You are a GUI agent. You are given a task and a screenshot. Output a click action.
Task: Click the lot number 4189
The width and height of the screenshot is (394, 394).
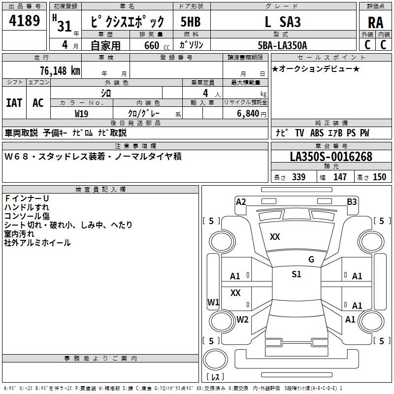pos(24,21)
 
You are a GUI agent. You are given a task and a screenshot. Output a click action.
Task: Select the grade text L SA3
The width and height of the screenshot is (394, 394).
pos(283,22)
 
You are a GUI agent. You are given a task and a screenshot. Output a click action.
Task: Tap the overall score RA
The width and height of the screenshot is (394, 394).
pos(375,23)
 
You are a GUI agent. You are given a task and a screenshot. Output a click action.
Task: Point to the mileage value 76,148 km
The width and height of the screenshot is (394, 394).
pos(60,70)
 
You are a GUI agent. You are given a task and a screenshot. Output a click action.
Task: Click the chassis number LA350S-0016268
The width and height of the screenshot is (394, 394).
pos(331,157)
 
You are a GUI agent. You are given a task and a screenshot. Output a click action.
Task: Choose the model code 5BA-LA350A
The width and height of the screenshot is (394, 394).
pos(282,45)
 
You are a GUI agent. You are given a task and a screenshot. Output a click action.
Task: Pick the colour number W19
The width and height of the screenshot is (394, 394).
pos(81,114)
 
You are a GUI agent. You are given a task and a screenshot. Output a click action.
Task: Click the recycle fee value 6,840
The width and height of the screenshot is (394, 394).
pos(248,114)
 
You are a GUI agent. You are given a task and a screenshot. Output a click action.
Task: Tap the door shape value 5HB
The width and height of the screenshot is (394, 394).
pos(191,22)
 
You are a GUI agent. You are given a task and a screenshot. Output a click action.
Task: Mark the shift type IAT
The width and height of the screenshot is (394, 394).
pos(14,103)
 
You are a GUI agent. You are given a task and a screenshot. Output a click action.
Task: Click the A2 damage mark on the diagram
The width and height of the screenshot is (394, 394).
pos(241,202)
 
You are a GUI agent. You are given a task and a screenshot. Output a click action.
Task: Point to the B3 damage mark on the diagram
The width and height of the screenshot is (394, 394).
pos(352,202)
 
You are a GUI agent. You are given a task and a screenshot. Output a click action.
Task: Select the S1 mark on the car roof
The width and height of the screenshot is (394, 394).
pos(296,274)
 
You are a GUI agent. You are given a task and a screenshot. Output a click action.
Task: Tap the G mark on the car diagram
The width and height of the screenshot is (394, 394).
pos(311,260)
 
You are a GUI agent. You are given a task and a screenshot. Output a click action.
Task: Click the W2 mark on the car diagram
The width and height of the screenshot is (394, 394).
pos(242,320)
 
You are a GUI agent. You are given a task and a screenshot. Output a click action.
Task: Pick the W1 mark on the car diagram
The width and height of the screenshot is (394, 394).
pos(213,302)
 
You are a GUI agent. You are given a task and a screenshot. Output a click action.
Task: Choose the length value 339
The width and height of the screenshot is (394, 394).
pos(298,177)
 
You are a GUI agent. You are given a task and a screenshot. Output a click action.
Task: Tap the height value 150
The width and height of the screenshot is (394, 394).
pos(379,177)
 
